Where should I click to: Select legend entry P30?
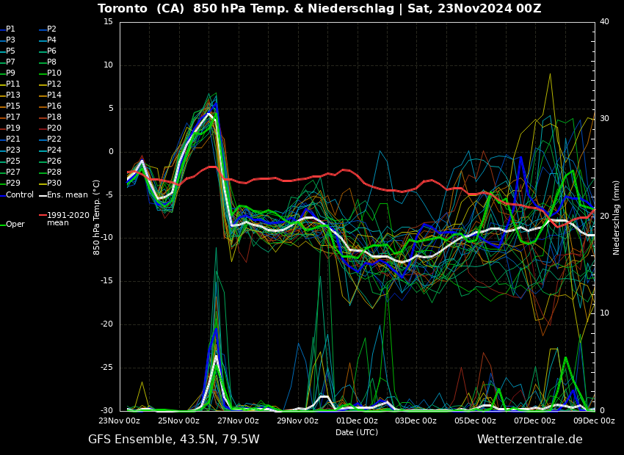54,183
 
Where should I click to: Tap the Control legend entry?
20,195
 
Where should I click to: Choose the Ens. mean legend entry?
67,195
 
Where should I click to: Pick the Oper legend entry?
15,225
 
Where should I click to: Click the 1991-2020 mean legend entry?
68,219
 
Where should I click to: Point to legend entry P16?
54,106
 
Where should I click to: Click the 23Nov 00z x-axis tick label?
120,421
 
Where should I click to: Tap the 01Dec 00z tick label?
357,421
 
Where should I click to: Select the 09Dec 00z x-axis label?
594,421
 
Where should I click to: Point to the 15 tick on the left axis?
108,22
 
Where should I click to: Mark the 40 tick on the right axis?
604,22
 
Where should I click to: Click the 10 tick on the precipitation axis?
604,313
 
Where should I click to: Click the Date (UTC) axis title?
357,433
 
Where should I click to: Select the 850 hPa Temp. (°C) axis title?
97,216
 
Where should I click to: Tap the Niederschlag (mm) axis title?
617,217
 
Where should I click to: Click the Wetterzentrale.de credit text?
529,440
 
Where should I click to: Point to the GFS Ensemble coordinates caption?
173,440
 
